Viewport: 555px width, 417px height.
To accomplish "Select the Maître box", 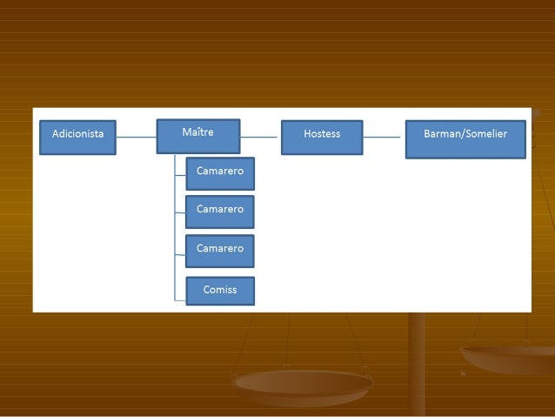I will (x=198, y=135).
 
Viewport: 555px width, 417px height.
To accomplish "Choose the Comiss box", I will (x=220, y=291).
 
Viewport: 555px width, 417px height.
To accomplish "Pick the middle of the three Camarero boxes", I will (x=220, y=211).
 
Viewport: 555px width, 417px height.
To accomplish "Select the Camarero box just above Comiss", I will (x=220, y=250).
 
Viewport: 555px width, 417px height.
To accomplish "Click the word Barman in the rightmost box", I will (x=443, y=134).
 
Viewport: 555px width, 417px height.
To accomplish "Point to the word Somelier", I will (x=486, y=134).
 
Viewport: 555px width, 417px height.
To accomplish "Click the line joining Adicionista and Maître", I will (x=136, y=137).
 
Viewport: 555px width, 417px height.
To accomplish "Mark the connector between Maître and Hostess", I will (x=260, y=137).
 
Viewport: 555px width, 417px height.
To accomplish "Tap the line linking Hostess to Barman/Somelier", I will (x=384, y=137).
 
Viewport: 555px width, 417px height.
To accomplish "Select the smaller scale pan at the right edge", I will (x=509, y=356).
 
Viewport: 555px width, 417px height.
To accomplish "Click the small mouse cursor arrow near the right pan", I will (x=463, y=373).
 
